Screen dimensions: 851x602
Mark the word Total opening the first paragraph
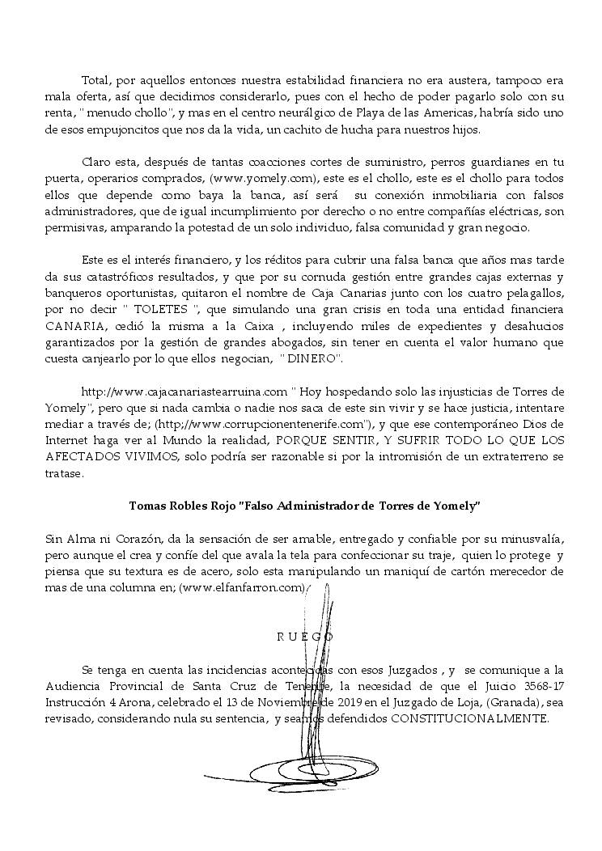coord(96,81)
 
